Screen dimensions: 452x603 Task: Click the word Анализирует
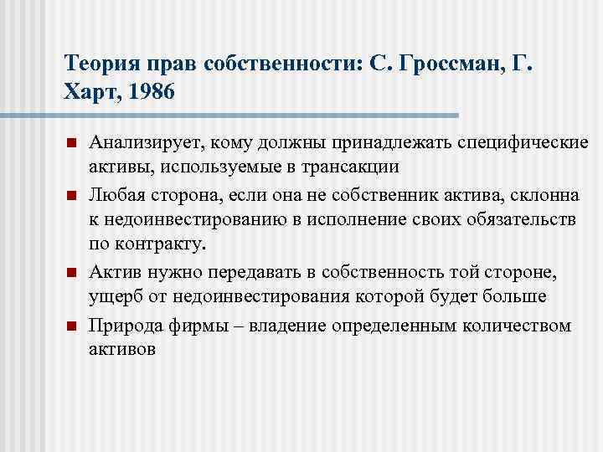[147, 144]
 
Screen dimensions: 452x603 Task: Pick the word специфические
[510, 144]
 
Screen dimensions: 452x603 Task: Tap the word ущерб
[114, 295]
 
